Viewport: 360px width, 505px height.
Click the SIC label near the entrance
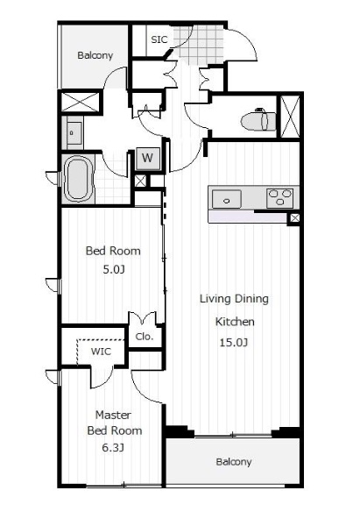pyautogui.click(x=159, y=39)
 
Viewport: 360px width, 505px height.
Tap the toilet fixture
pyautogui.click(x=258, y=120)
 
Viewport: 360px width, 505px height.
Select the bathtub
pyautogui.click(x=78, y=179)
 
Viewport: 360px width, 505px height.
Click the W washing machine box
pyautogui.click(x=148, y=158)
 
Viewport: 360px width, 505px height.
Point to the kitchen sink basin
pyautogui.click(x=227, y=199)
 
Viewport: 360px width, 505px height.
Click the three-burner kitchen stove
pyautogui.click(x=280, y=198)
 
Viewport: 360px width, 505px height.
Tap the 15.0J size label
pyautogui.click(x=234, y=342)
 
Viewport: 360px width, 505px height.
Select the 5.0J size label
pyautogui.click(x=114, y=269)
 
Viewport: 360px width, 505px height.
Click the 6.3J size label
pyautogui.click(x=113, y=448)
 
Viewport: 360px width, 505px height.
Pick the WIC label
pyautogui.click(x=101, y=352)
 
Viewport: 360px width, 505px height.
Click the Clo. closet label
pyautogui.click(x=145, y=337)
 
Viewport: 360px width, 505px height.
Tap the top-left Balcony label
pyautogui.click(x=95, y=55)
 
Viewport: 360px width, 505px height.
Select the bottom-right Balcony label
pyautogui.click(x=234, y=462)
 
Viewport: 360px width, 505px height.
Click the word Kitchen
pyautogui.click(x=235, y=322)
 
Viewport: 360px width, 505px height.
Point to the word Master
pyautogui.click(x=113, y=415)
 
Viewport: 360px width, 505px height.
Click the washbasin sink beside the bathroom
pyautogui.click(x=74, y=133)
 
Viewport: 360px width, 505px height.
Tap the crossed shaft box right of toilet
pyautogui.click(x=291, y=117)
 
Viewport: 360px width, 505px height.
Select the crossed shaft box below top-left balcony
pyautogui.click(x=80, y=102)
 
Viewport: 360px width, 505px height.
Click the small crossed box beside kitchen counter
pyautogui.click(x=294, y=218)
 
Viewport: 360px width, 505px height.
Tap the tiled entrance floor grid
pyautogui.click(x=199, y=45)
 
